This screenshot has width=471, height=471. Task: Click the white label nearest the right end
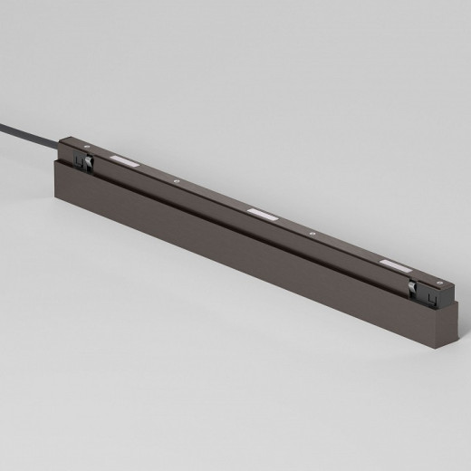tap(395, 264)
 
